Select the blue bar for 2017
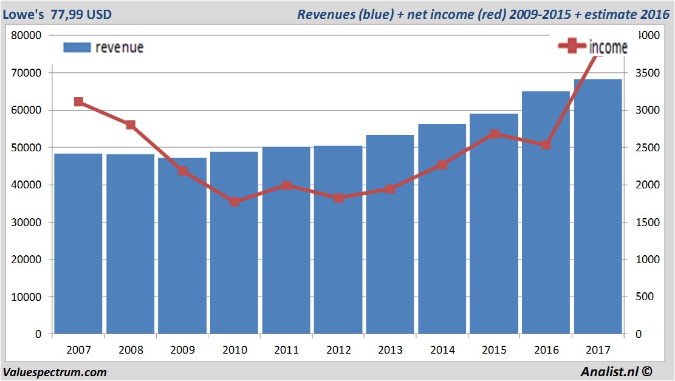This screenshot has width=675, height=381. click(x=598, y=207)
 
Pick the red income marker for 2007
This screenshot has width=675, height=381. click(x=78, y=102)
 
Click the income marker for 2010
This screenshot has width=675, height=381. click(x=235, y=202)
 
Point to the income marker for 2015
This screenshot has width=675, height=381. click(x=494, y=134)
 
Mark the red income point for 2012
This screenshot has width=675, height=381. click(x=338, y=198)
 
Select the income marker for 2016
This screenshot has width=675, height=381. click(x=546, y=145)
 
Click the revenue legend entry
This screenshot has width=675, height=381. click(x=103, y=47)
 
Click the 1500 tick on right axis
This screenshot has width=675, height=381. click(x=645, y=222)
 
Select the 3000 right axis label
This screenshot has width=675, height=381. click(x=645, y=110)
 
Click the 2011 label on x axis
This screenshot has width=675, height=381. click(x=286, y=350)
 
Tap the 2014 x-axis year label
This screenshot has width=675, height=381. click(x=442, y=350)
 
